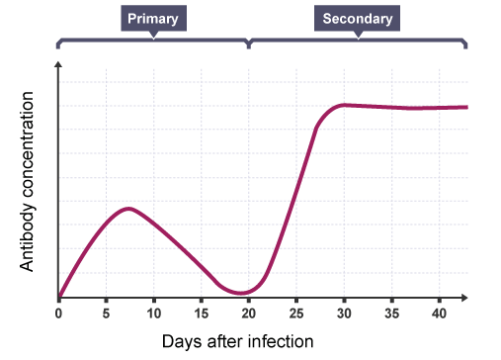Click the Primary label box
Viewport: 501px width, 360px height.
click(x=153, y=19)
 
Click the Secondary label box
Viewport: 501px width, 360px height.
click(x=358, y=19)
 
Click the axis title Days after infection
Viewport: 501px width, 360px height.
click(x=237, y=341)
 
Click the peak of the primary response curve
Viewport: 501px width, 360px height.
click(x=127, y=208)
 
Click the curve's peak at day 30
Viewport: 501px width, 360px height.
click(x=344, y=104)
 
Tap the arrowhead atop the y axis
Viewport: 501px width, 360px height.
click(x=59, y=64)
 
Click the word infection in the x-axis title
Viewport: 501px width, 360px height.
click(x=280, y=341)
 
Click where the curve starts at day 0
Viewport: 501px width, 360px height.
click(x=59, y=296)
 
